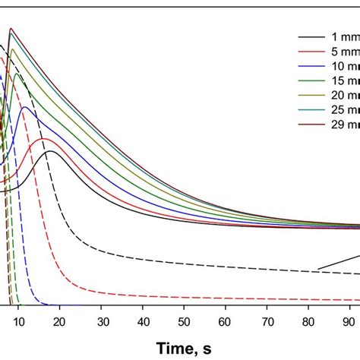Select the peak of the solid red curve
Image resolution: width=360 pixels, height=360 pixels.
pyautogui.click(x=43, y=138)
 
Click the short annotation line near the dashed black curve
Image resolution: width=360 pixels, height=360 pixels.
pyautogui.click(x=338, y=261)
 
